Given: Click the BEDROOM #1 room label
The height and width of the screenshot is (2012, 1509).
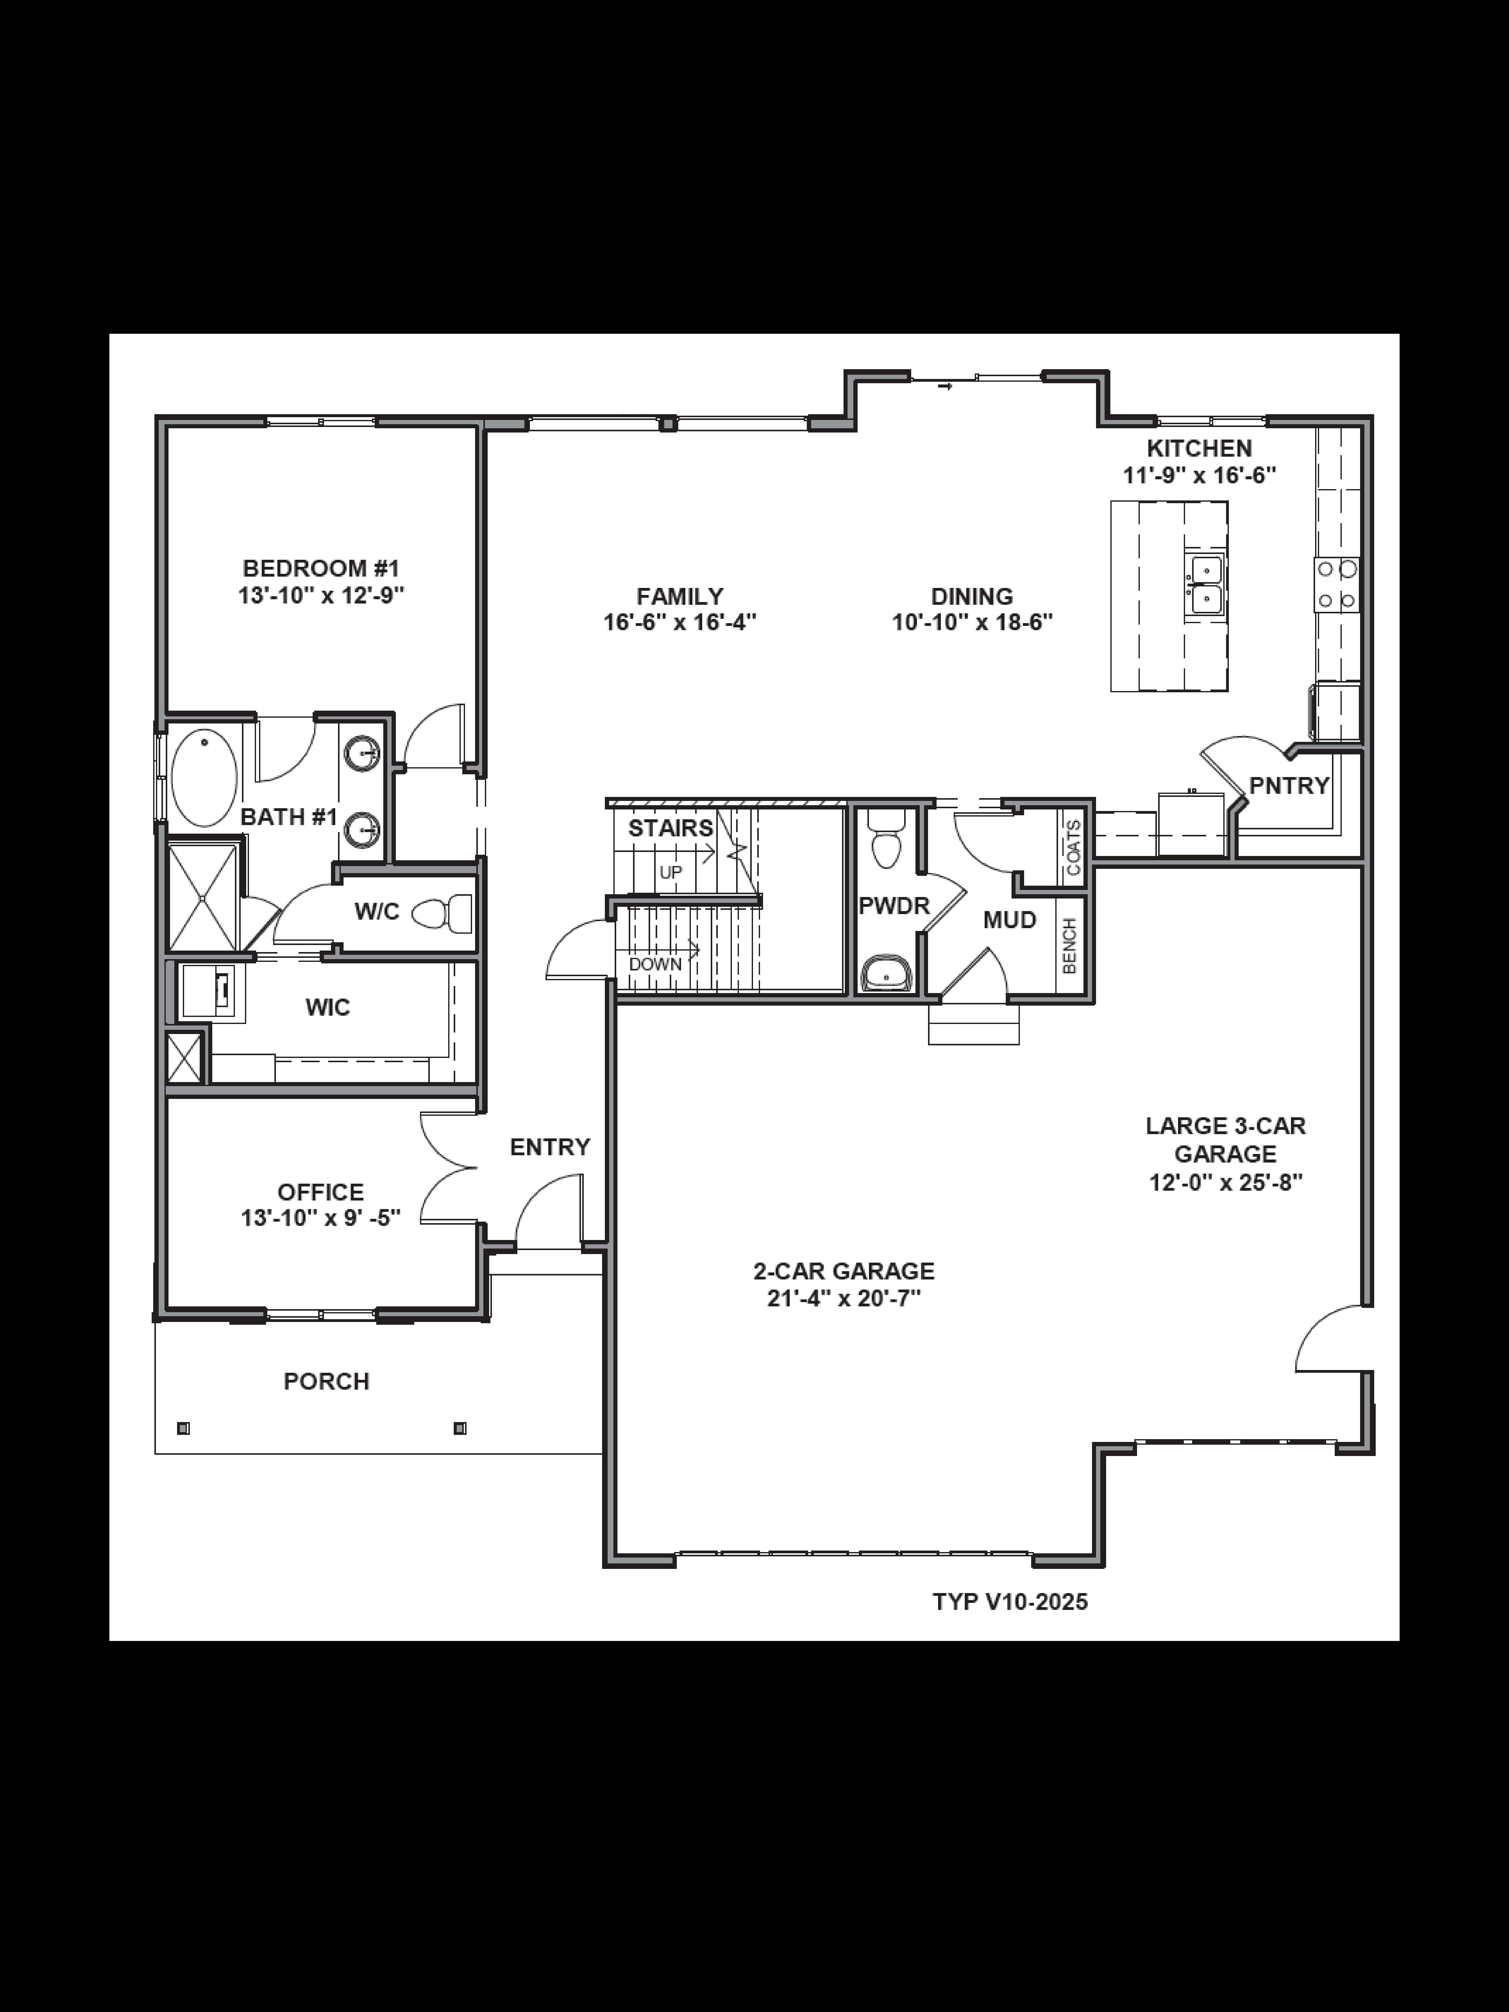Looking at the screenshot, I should coord(321,569).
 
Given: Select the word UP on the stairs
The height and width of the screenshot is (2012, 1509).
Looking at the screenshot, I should coord(670,871).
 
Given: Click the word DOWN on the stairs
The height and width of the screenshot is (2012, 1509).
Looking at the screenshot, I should coord(655,964).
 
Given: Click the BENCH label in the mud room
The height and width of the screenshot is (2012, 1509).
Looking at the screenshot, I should coord(1070,946).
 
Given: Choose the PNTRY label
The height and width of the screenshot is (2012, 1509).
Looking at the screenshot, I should coord(1289,785).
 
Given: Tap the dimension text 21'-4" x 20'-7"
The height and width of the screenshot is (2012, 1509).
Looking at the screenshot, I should coord(844,1298).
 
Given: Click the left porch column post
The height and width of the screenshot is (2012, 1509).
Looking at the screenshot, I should coord(183,1428).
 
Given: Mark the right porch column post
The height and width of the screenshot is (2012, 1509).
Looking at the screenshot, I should coord(459,1428).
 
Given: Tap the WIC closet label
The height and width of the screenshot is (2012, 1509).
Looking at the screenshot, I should coord(327,1007).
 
